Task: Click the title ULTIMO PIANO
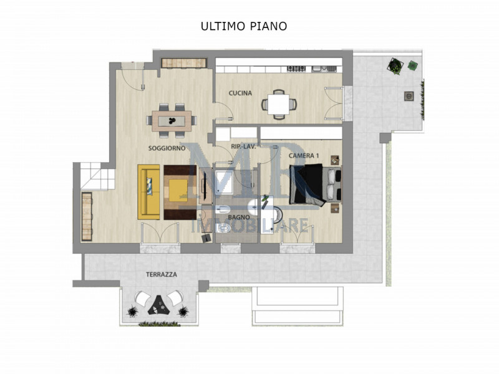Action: click(243, 26)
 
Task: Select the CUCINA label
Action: click(240, 93)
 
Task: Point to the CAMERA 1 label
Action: click(304, 155)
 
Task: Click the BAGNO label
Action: click(239, 217)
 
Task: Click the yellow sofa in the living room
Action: click(149, 191)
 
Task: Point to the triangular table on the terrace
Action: click(159, 304)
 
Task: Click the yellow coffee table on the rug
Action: click(180, 188)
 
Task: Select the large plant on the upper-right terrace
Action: click(395, 65)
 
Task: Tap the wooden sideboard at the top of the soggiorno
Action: click(183, 62)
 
